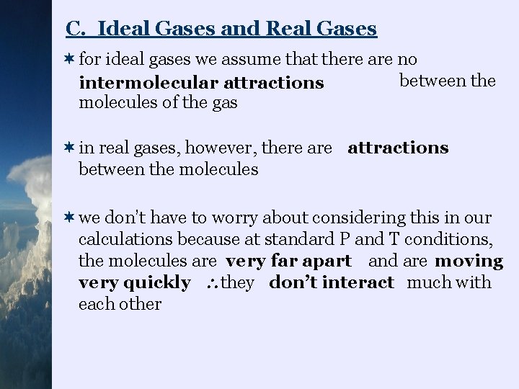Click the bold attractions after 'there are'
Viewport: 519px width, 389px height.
(398, 148)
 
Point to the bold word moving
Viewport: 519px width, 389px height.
(469, 261)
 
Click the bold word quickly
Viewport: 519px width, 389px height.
(159, 282)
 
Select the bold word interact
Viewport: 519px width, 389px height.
(360, 282)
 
